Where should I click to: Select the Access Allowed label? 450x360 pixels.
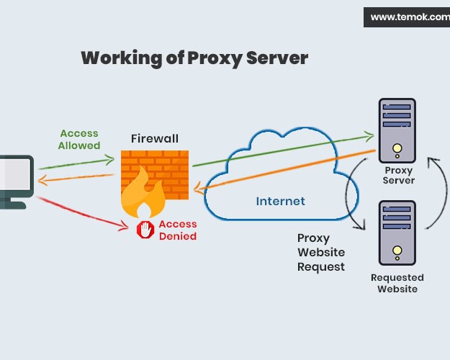click(80, 140)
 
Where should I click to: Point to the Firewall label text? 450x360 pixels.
click(154, 138)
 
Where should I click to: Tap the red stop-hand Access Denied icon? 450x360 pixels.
click(145, 229)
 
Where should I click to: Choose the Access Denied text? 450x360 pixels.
click(177, 230)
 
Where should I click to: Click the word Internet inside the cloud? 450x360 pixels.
click(280, 201)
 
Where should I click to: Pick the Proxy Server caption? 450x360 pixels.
click(399, 175)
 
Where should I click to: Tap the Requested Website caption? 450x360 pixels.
click(397, 283)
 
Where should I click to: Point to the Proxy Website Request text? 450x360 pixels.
click(321, 252)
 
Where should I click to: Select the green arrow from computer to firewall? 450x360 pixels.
click(76, 161)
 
